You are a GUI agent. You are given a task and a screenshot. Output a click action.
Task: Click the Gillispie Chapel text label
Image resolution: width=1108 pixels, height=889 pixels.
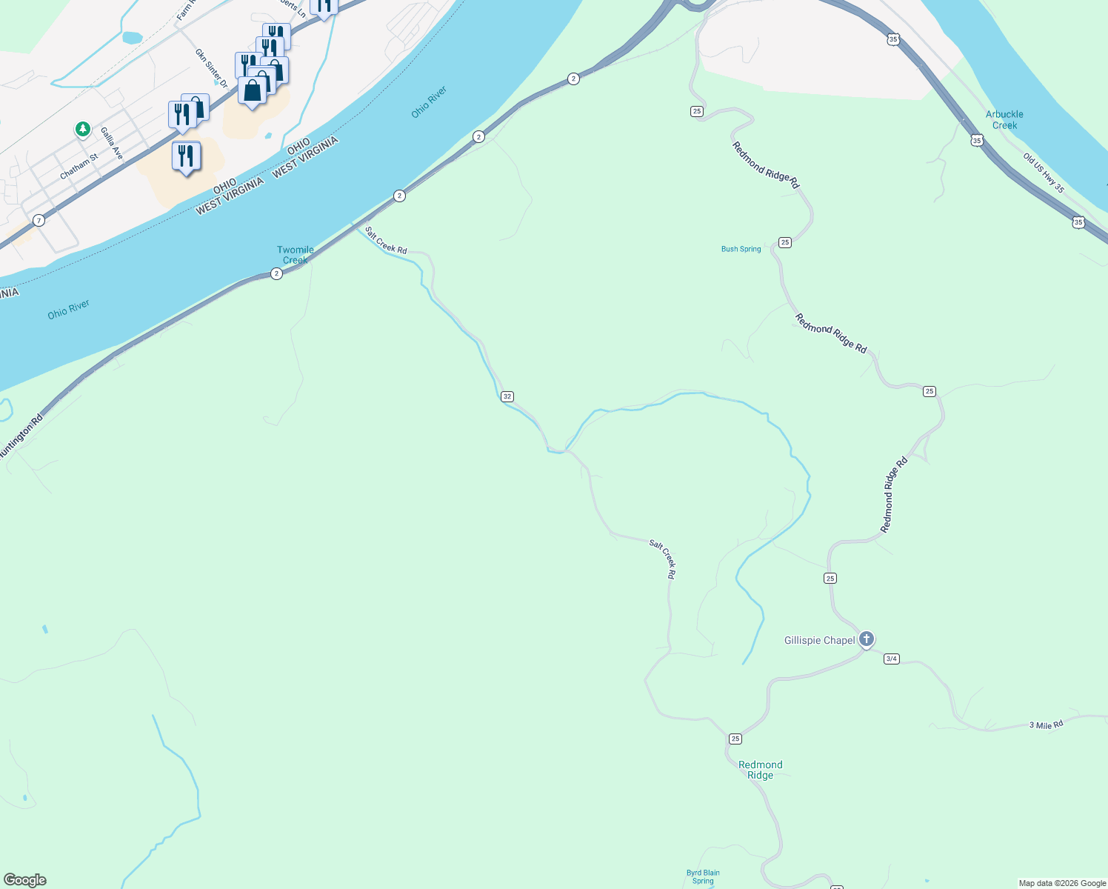pos(819,640)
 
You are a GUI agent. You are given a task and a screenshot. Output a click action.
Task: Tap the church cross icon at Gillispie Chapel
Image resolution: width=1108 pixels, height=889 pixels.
pos(866,639)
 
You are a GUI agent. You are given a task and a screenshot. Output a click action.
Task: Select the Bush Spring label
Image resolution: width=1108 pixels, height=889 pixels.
pos(741,249)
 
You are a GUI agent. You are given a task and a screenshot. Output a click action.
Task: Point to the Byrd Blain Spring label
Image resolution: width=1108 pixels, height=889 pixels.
pos(703,876)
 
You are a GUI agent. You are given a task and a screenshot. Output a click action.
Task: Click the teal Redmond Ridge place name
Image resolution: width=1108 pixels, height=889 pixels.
pos(760,770)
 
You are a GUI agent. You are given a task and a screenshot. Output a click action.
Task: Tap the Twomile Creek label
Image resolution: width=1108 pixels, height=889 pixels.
pos(296,255)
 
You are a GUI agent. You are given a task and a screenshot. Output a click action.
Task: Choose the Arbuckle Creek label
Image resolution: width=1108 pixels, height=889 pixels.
pos(1004,119)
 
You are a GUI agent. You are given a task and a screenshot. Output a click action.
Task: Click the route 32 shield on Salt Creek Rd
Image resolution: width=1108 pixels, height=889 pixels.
pos(507,396)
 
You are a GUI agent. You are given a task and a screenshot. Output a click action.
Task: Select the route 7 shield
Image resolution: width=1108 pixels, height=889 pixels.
pos(39,220)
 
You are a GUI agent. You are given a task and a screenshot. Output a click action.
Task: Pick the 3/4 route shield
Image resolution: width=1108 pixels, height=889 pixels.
pos(892,659)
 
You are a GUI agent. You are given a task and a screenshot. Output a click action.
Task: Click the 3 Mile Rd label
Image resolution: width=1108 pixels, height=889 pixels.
pos(1046,725)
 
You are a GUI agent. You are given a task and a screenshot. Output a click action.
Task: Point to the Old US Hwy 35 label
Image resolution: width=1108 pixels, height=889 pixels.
pos(1044,173)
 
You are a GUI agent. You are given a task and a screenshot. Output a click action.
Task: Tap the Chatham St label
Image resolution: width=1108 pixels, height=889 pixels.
pos(79,167)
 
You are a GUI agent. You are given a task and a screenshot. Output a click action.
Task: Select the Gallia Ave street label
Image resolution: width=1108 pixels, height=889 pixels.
pos(112,143)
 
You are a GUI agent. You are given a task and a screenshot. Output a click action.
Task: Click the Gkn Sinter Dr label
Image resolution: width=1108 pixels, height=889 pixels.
pos(211,68)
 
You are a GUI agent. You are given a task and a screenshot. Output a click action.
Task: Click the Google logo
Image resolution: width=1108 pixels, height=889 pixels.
pos(24,880)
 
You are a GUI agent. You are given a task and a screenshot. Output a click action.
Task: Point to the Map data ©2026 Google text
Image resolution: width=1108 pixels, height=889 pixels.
pos(1062,883)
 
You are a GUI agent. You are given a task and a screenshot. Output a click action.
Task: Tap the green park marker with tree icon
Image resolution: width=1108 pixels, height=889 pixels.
pos(82,129)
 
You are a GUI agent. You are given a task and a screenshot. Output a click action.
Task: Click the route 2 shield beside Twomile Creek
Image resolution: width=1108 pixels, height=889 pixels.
pos(276,273)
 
